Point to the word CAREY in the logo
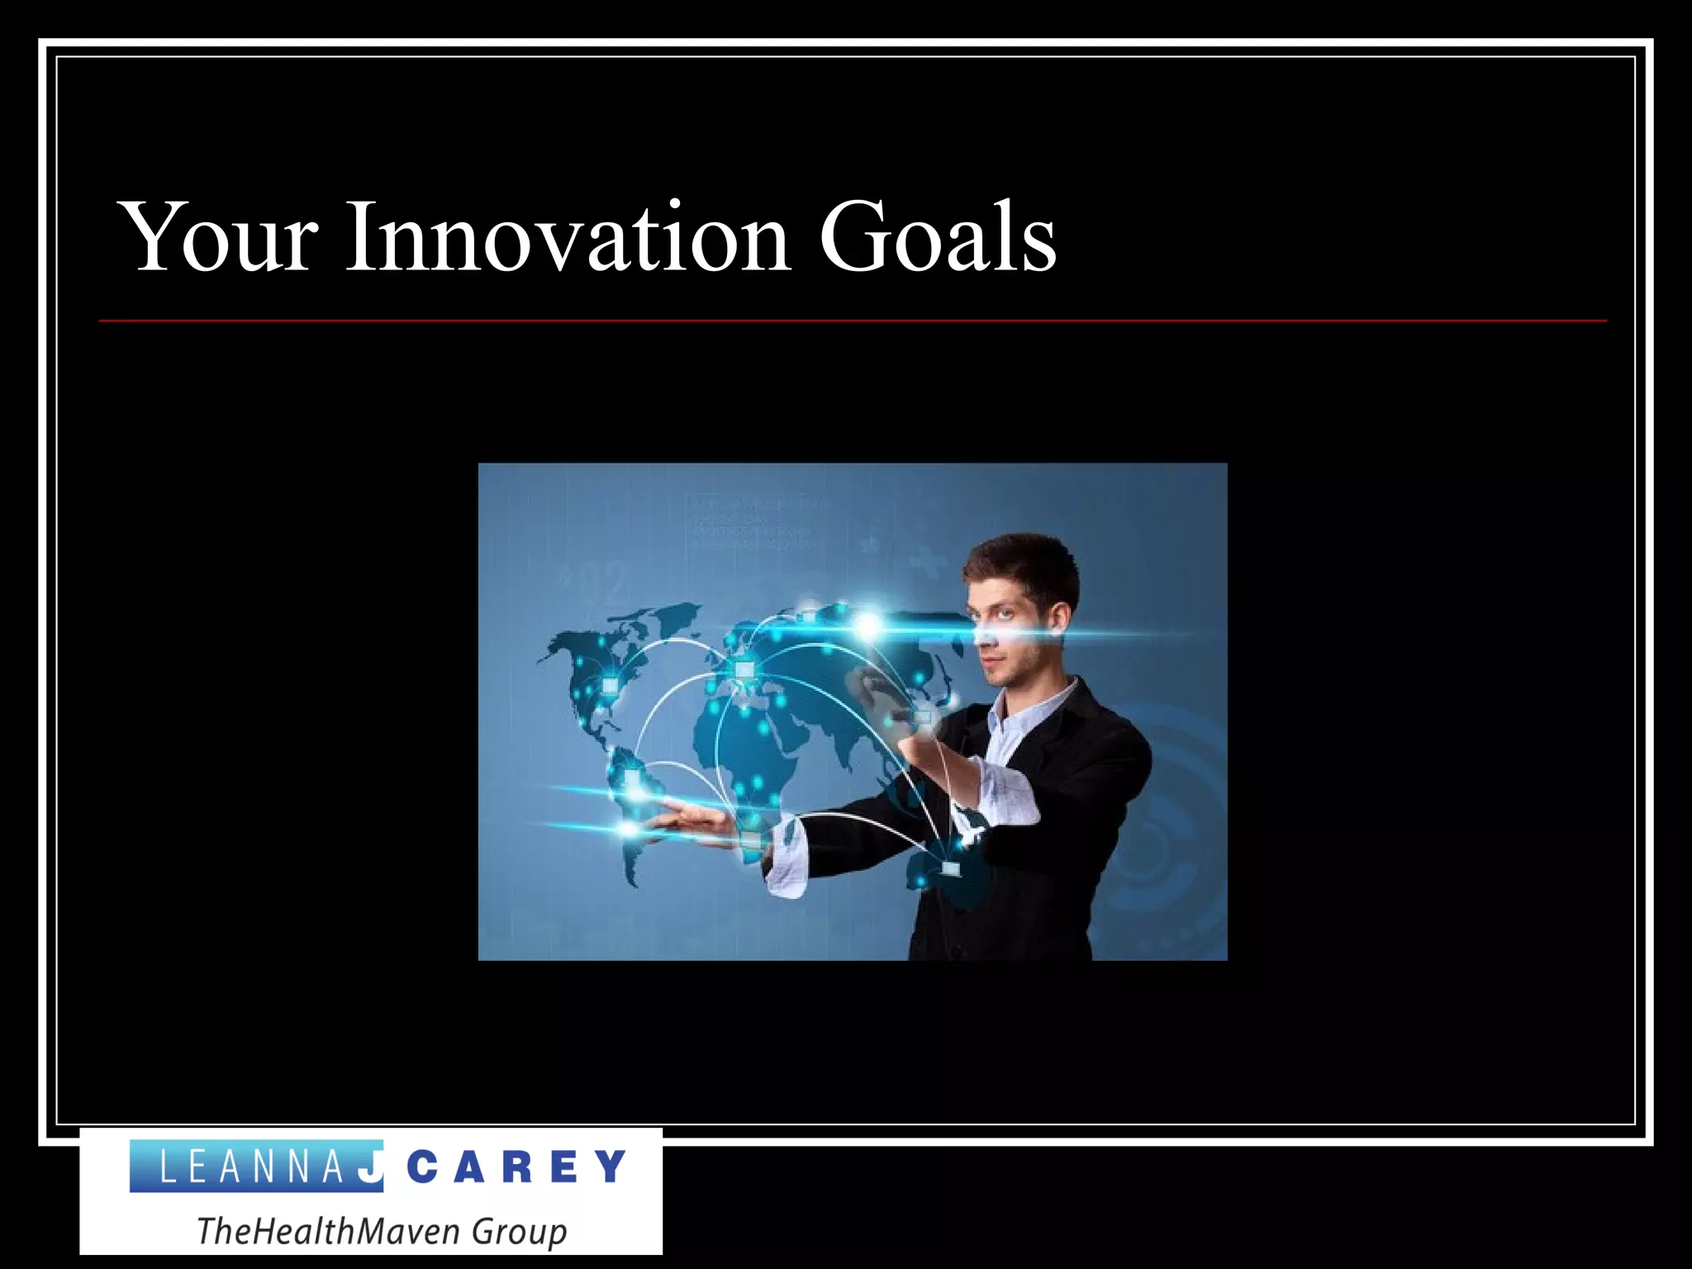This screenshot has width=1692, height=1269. (517, 1167)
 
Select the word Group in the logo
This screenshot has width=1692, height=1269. (519, 1231)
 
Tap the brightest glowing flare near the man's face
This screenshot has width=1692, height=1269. (867, 625)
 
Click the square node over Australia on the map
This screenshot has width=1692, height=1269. (951, 869)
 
